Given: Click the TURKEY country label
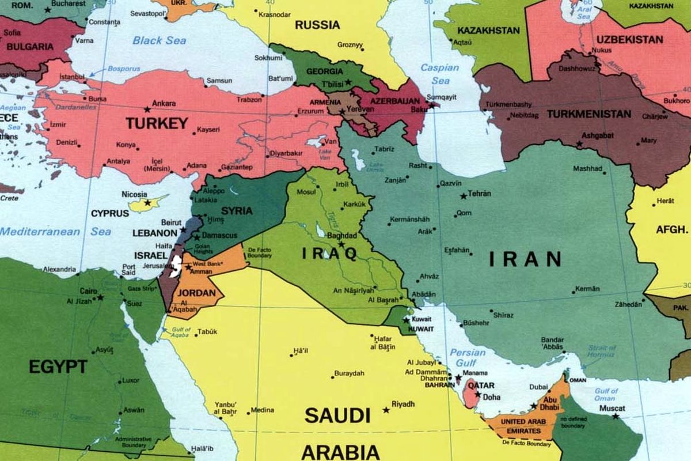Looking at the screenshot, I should pos(157,123).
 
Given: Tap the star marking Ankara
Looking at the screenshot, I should pos(147,109).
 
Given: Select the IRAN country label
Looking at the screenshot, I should pos(525,259).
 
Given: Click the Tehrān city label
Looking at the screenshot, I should pos(480,194).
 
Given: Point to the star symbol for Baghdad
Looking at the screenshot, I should pos(341,244).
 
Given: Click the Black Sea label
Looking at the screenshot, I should pos(160,40).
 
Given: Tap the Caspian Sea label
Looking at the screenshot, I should pos(439,74).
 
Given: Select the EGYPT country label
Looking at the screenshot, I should pos(58,366).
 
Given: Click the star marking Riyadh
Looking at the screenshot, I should pos(386,410).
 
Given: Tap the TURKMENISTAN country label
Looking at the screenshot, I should pos(589,114).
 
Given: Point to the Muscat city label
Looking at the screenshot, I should pos(612,409).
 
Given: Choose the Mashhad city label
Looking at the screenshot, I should pos(587,169).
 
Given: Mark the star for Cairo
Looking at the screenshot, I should pos(100,297).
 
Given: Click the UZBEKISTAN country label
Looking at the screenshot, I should pos(629,40).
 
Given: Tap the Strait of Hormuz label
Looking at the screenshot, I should pos(602,352).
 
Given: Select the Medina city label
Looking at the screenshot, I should pos(263,410).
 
